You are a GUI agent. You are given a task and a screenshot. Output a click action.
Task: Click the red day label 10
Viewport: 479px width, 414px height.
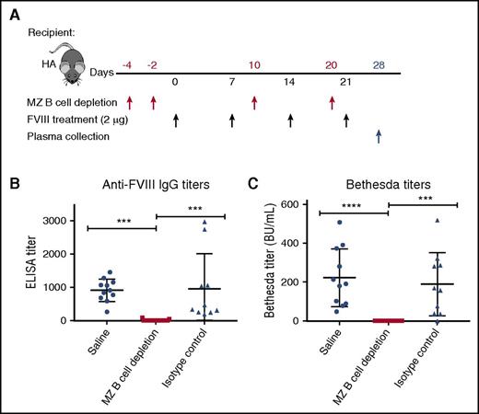[254, 63]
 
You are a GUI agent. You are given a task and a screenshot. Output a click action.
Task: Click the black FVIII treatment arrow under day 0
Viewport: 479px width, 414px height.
[176, 120]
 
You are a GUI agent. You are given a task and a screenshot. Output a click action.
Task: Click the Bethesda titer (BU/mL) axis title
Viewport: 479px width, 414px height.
[273, 268]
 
